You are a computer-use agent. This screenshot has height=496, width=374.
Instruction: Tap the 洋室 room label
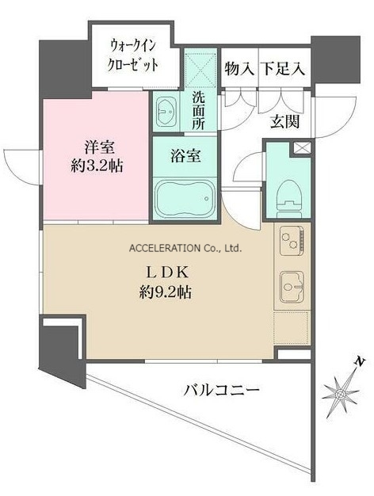pos(99,147)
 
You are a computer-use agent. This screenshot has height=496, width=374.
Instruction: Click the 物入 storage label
pos(239,69)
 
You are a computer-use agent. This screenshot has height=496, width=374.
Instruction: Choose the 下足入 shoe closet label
pos(283,69)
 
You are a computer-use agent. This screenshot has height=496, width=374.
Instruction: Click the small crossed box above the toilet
pos(301,147)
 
